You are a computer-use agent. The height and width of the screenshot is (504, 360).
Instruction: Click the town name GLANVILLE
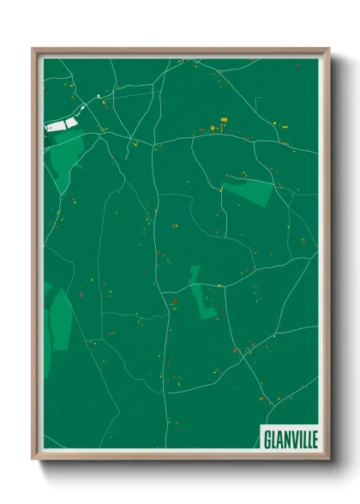pyautogui.click(x=288, y=438)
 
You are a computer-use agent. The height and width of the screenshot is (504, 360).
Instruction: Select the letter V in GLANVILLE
pyautogui.click(x=291, y=438)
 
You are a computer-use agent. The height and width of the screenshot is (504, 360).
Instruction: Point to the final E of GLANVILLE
pyautogui.click(x=313, y=438)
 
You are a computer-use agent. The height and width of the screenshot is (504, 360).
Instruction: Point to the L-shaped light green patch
pyautogui.click(x=202, y=296)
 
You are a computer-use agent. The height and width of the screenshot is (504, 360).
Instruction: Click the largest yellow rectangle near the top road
pyautogui.click(x=226, y=121)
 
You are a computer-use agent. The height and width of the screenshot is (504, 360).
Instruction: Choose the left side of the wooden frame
pyautogui.click(x=35, y=257)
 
